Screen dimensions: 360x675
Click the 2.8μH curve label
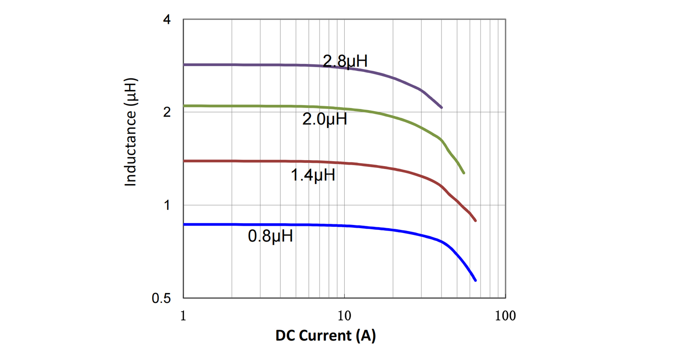(345, 61)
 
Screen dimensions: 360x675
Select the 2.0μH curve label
(324, 120)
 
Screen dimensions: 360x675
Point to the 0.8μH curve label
(270, 236)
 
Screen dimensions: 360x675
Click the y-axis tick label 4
(166, 20)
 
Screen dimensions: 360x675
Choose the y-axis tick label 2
(166, 112)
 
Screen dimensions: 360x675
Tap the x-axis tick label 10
(344, 315)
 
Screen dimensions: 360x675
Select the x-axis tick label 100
(505, 315)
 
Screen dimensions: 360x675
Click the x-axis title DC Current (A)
(325, 336)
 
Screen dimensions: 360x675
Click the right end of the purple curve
(441, 108)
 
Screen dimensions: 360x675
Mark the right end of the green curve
(463, 173)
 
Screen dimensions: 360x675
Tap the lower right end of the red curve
(475, 220)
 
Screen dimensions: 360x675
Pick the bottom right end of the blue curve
(475, 280)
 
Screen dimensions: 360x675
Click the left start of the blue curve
(184, 224)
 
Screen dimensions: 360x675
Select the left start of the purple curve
(184, 65)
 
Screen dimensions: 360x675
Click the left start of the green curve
(184, 106)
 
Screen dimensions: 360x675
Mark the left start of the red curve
(184, 161)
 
